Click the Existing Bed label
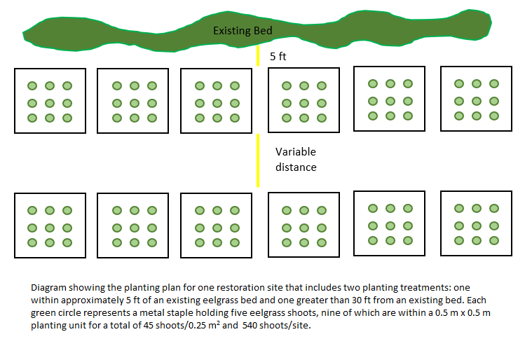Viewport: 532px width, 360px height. pos(243,31)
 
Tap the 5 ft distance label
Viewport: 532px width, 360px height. pos(278,57)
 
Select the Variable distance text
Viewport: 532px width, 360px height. pos(296,160)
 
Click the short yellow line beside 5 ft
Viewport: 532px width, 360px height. pos(259,57)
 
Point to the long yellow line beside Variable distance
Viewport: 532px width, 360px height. pos(258,161)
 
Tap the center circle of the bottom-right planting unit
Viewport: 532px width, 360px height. pos(477,225)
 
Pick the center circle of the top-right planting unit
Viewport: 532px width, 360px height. pos(477,99)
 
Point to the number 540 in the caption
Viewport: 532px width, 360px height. pos(251,326)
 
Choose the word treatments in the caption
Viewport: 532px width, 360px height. pos(392,288)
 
